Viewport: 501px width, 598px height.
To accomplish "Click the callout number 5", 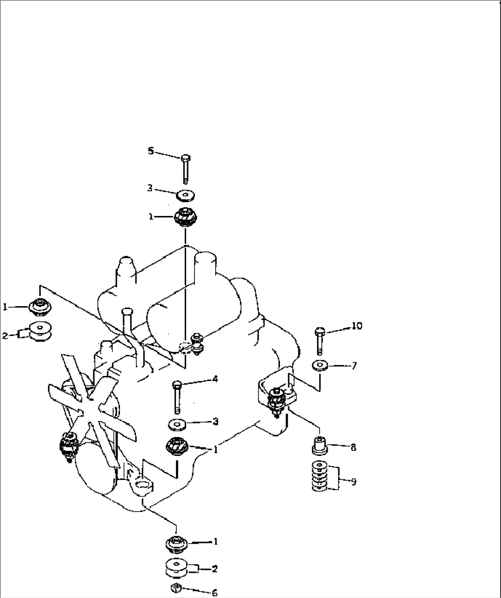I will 150,151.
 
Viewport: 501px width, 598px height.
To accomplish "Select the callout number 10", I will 357,326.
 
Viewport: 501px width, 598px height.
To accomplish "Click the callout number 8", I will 353,447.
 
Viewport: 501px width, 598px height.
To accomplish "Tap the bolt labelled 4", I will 177,396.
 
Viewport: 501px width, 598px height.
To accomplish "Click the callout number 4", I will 215,379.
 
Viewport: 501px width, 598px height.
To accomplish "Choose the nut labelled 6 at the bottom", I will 176,588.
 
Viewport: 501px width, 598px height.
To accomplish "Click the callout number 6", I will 214,593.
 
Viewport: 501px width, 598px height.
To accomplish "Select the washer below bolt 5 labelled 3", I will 185,195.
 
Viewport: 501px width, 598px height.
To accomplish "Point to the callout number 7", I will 353,366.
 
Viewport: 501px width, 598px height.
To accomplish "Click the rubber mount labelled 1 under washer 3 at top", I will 185,217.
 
